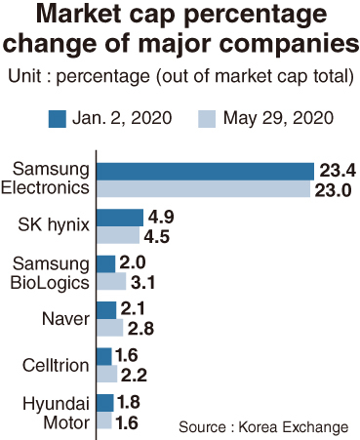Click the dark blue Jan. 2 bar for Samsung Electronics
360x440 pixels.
(206, 172)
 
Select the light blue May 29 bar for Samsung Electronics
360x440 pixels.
(204, 188)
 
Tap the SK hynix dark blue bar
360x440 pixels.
(120, 218)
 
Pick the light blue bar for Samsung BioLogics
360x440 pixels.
(111, 281)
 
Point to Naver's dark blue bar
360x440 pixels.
(106, 310)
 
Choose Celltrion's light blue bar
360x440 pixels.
(107, 374)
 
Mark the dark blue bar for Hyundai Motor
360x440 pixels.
(105, 403)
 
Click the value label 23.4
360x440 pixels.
(338, 171)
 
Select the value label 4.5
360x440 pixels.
(157, 236)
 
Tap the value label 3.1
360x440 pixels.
(142, 283)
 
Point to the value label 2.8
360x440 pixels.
(140, 329)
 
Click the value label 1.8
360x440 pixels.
(129, 402)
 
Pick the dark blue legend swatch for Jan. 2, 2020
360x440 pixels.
(58, 119)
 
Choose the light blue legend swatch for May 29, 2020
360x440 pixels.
(207, 119)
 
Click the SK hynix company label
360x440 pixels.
(54, 225)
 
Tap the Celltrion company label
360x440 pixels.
(56, 365)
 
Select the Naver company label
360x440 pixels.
(65, 319)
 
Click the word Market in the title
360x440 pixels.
(81, 15)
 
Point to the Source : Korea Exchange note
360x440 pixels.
(263, 427)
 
